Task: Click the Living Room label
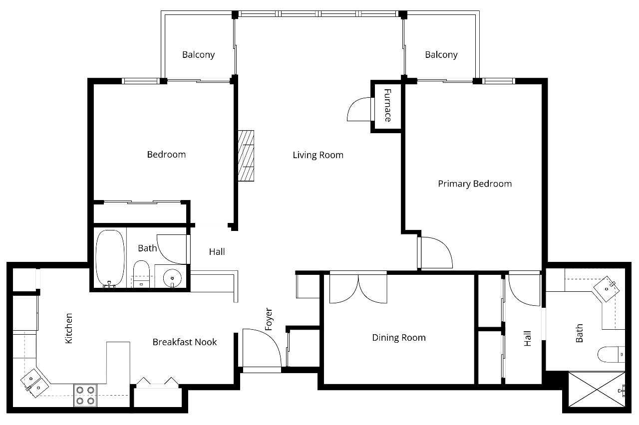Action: pyautogui.click(x=318, y=155)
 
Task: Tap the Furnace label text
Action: pyautogui.click(x=387, y=105)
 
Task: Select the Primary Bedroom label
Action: pyautogui.click(x=475, y=184)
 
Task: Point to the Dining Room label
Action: pyautogui.click(x=399, y=338)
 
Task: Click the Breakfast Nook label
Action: pyautogui.click(x=185, y=342)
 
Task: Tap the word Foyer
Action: pyautogui.click(x=269, y=319)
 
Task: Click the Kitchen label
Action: pyautogui.click(x=69, y=328)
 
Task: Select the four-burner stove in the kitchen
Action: pyautogui.click(x=85, y=396)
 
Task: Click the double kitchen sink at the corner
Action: pyautogui.click(x=34, y=383)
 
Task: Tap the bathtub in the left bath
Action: pyautogui.click(x=110, y=258)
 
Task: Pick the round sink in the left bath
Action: pyautogui.click(x=172, y=278)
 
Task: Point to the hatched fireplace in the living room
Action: pyautogui.click(x=246, y=156)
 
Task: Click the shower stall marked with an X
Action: pyautogui.click(x=597, y=389)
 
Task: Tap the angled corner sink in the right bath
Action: pyautogui.click(x=607, y=289)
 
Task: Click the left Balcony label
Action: pyautogui.click(x=199, y=55)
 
